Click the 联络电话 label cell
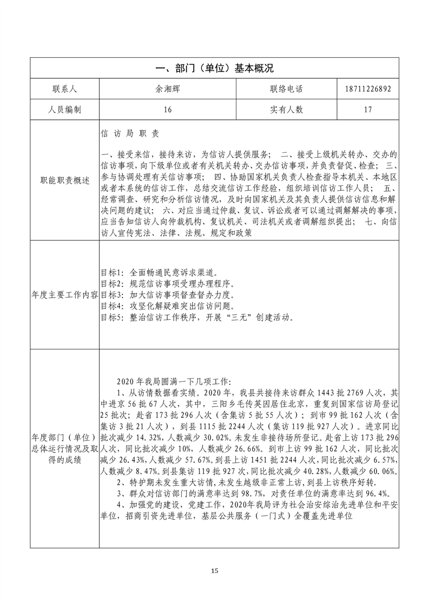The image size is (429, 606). pyautogui.click(x=286, y=89)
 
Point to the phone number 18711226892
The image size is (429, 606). pyautogui.click(x=367, y=89)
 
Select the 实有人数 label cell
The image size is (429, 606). pyautogui.click(x=286, y=110)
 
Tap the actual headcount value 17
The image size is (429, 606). pyautogui.click(x=367, y=110)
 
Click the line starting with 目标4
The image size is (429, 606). pyautogui.click(x=167, y=306)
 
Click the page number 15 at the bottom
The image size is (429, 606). pyautogui.click(x=214, y=570)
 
